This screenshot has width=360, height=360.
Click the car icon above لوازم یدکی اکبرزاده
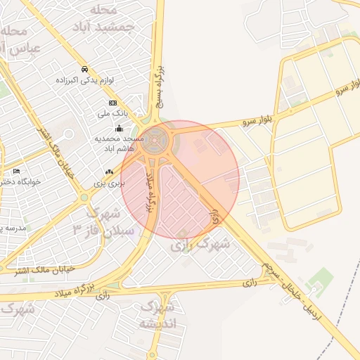(x=84, y=70)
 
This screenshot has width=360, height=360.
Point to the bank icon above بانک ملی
(x=112, y=103)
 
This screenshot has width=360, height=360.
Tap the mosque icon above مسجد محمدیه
(x=119, y=129)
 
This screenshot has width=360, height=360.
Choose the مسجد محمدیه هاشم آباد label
(x=119, y=143)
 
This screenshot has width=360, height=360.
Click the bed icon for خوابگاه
(x=16, y=171)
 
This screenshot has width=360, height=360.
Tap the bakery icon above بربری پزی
(x=109, y=172)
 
